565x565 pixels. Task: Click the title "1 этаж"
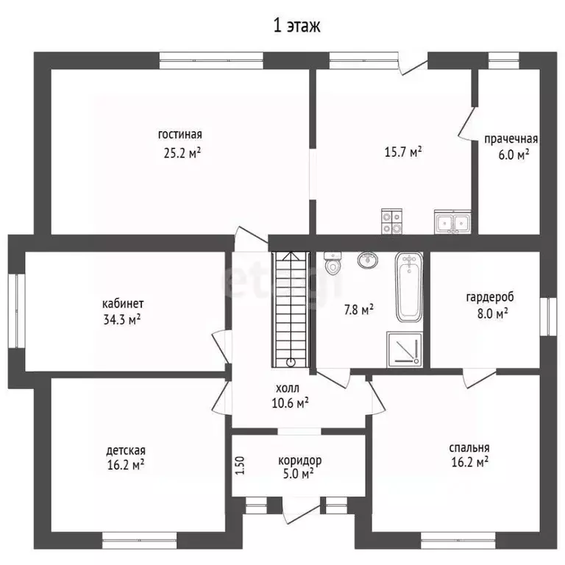coord(296,26)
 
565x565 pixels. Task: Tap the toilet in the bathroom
coord(333,263)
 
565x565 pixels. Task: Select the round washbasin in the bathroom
coord(368,260)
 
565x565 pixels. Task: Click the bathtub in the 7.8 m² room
coord(409,287)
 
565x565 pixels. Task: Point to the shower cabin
coord(405,349)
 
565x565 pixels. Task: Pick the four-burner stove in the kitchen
coord(391,221)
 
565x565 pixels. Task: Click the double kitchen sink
coord(452,221)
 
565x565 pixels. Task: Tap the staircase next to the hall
coord(291,310)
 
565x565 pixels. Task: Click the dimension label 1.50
coord(241,466)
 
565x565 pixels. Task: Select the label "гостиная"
coord(180,135)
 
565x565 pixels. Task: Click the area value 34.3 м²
coord(122,319)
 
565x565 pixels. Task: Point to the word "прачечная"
coord(511,139)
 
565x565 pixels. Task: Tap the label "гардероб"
coord(490,298)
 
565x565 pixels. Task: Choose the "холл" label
coord(287,388)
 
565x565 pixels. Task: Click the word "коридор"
coord(300,461)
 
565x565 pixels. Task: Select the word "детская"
coord(126,451)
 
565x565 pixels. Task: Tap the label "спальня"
coord(469,448)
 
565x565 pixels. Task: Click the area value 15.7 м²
coord(403,152)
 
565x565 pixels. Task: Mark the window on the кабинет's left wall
coord(17,311)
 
